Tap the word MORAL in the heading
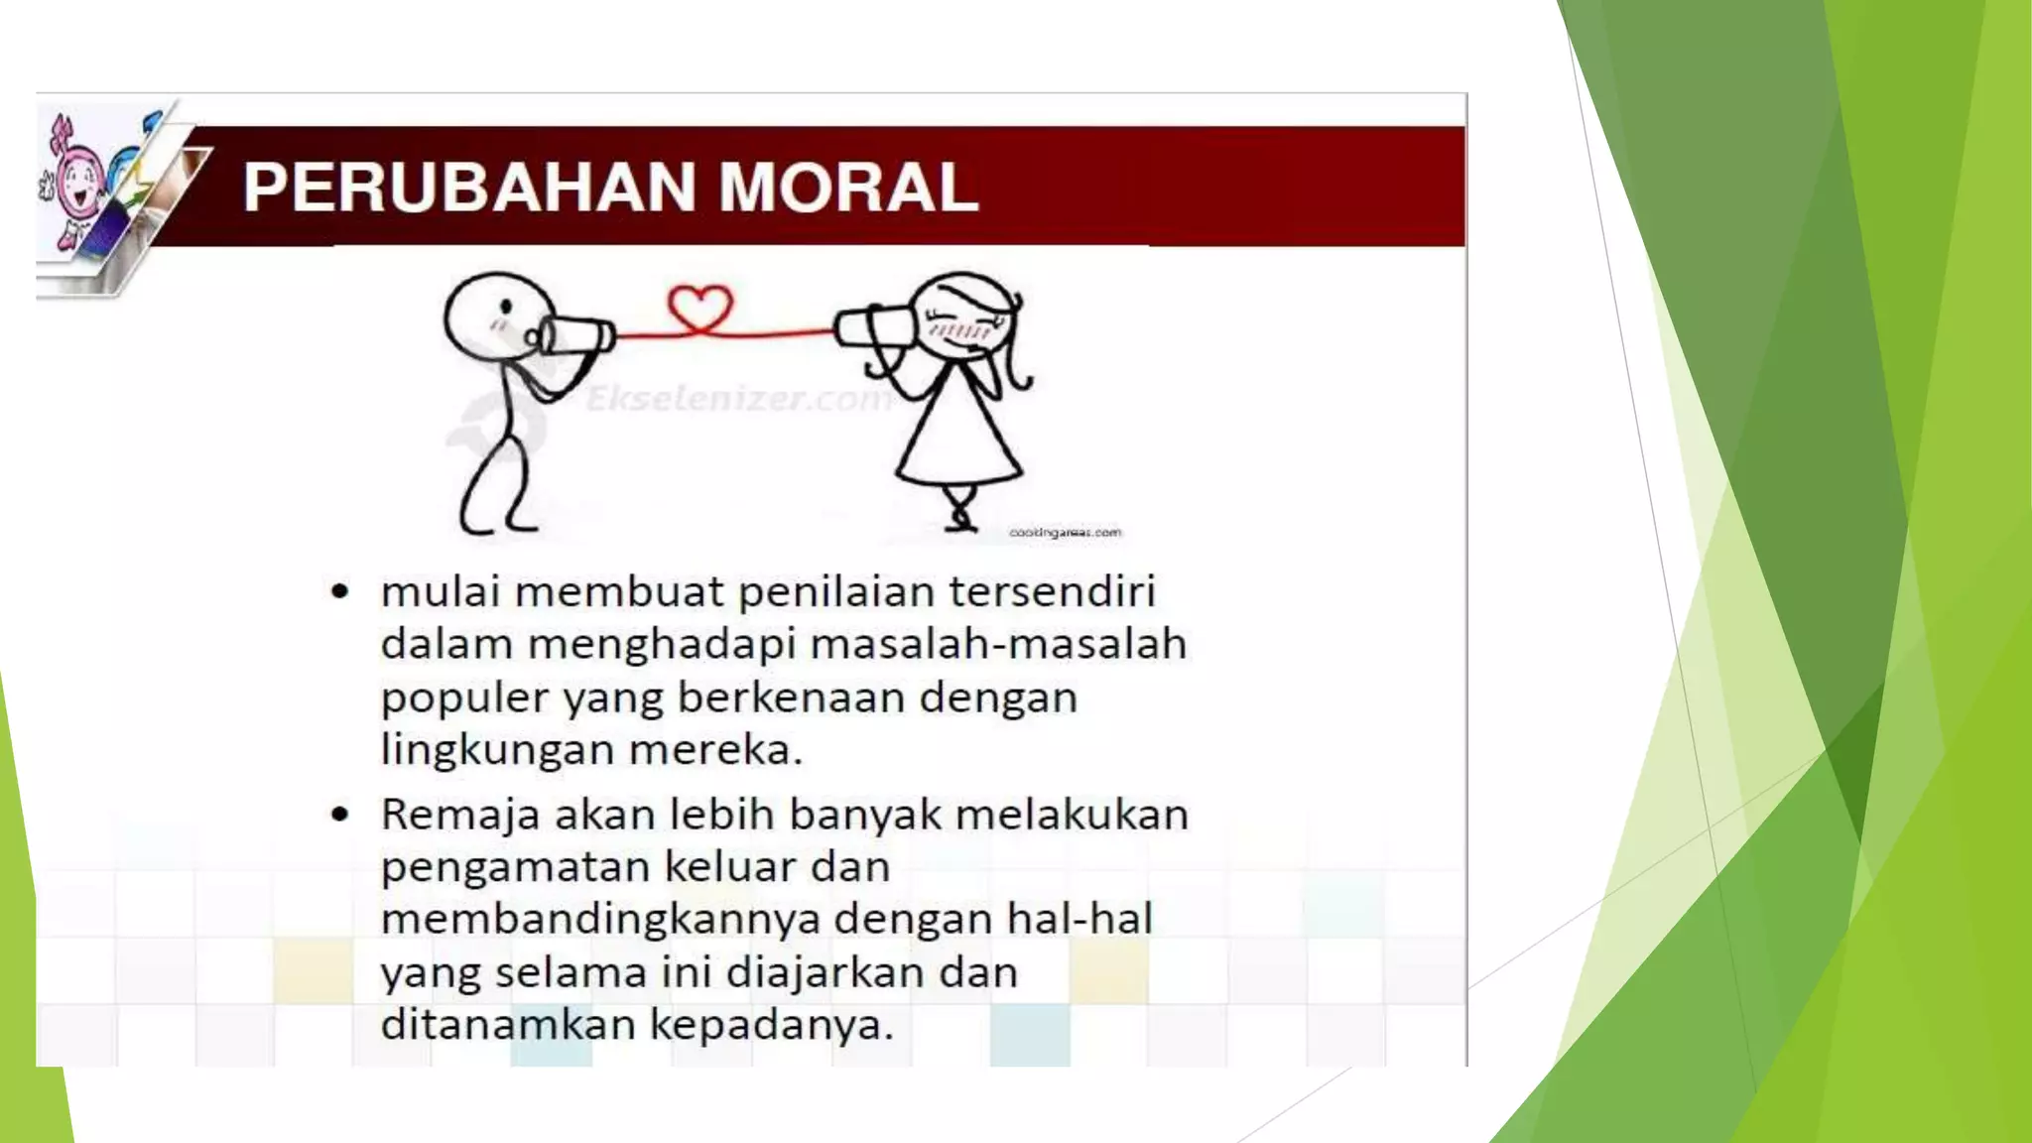point(848,188)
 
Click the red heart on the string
point(699,309)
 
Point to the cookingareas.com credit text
point(1065,533)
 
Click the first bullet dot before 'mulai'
point(340,592)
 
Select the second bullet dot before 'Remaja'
point(340,816)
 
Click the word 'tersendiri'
point(1052,591)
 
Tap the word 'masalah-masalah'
point(998,644)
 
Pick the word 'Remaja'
point(460,816)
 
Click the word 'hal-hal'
point(1079,918)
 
